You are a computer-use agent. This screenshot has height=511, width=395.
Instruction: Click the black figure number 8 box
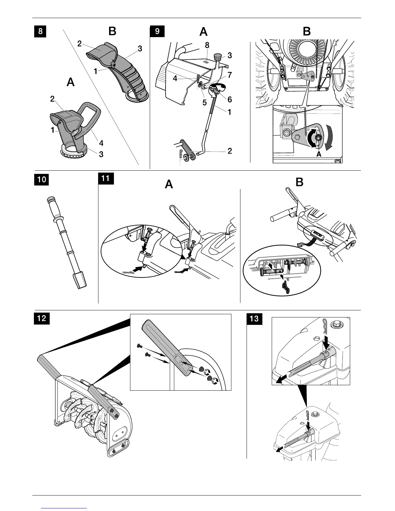(x=40, y=32)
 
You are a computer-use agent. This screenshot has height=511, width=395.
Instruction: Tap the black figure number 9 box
(x=157, y=32)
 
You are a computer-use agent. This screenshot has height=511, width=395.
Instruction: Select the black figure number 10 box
(x=42, y=179)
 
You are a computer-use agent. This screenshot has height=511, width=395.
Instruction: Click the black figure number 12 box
(x=42, y=318)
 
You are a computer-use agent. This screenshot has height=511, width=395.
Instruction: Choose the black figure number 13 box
(x=254, y=319)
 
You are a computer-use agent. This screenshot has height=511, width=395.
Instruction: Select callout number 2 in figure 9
(x=229, y=151)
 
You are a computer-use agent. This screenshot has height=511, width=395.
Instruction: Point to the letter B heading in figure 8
(x=112, y=31)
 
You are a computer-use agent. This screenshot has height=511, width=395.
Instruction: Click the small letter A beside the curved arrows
(x=319, y=155)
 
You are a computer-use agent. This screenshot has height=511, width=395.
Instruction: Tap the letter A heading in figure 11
(x=169, y=185)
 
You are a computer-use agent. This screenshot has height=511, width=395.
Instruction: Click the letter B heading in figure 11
(x=299, y=183)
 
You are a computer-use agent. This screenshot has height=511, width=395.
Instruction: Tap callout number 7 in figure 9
(x=229, y=75)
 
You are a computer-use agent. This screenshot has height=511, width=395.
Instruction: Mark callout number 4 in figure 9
(x=175, y=78)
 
